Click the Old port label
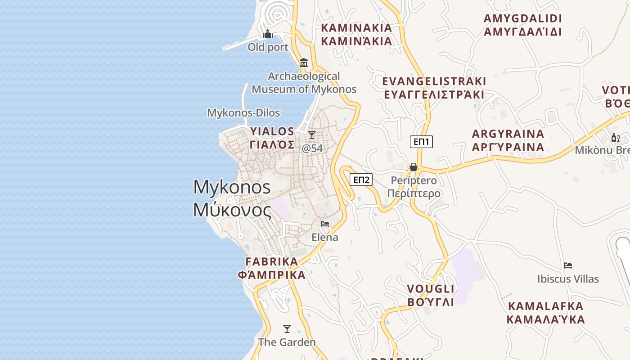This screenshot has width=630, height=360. coord(268,47)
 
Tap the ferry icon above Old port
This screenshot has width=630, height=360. coord(268,34)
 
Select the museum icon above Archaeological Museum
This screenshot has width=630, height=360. coord(304,63)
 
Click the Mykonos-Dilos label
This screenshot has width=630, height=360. coord(243,113)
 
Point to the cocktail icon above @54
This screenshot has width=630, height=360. coord(311,135)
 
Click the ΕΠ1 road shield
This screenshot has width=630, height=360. coord(421,142)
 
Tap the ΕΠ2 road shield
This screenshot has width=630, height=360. coord(361,180)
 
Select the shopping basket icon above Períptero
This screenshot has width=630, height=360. coord(414,167)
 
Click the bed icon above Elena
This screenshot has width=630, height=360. coord(325,224)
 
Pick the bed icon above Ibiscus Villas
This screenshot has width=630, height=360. coord(568,265)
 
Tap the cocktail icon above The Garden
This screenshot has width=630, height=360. coord(287,328)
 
